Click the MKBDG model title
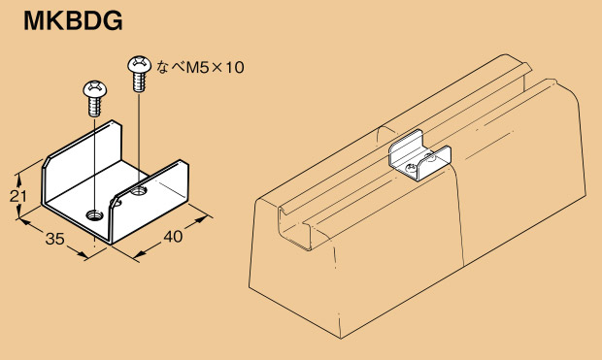pyautogui.click(x=73, y=20)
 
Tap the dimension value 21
pyautogui.click(x=18, y=196)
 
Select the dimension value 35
pyautogui.click(x=54, y=239)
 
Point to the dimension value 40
pyautogui.click(x=173, y=237)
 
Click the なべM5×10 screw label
pyautogui.click(x=200, y=68)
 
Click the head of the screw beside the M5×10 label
pyautogui.click(x=140, y=64)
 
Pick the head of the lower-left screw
pyautogui.click(x=94, y=88)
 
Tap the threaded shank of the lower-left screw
pyautogui.click(x=94, y=107)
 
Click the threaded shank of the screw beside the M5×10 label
pyautogui.click(x=140, y=82)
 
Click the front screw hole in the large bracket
pyautogui.click(x=94, y=215)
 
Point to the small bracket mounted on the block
pyautogui.click(x=420, y=156)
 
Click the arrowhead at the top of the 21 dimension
pyautogui.click(x=17, y=178)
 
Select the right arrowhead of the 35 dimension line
pyautogui.click(x=82, y=254)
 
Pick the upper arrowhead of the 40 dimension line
pyautogui.click(x=201, y=218)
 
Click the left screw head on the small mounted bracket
pyautogui.click(x=411, y=168)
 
